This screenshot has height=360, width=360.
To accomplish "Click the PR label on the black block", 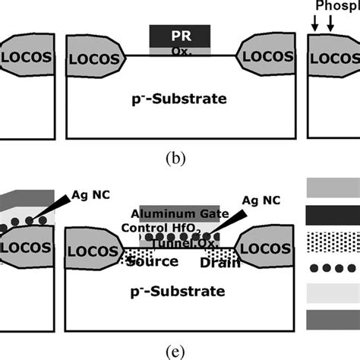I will pos(179,35).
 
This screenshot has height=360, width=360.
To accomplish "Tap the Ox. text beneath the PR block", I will pos(180,51).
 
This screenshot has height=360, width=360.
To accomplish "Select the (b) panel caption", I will pos(179,160).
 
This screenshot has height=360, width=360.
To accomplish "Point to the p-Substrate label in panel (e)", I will pos(179,291).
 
